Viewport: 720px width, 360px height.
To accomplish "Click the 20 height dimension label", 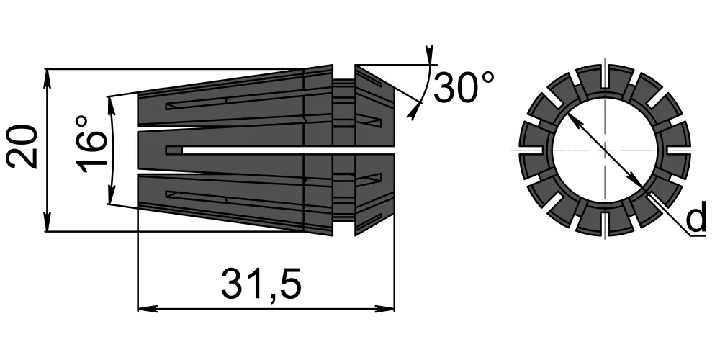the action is coord(22,147).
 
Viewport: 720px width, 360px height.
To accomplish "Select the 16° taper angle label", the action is coord(90,145).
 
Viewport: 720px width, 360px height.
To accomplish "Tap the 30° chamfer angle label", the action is coord(464,87).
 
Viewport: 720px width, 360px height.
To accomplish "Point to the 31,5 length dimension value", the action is coord(261,284).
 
